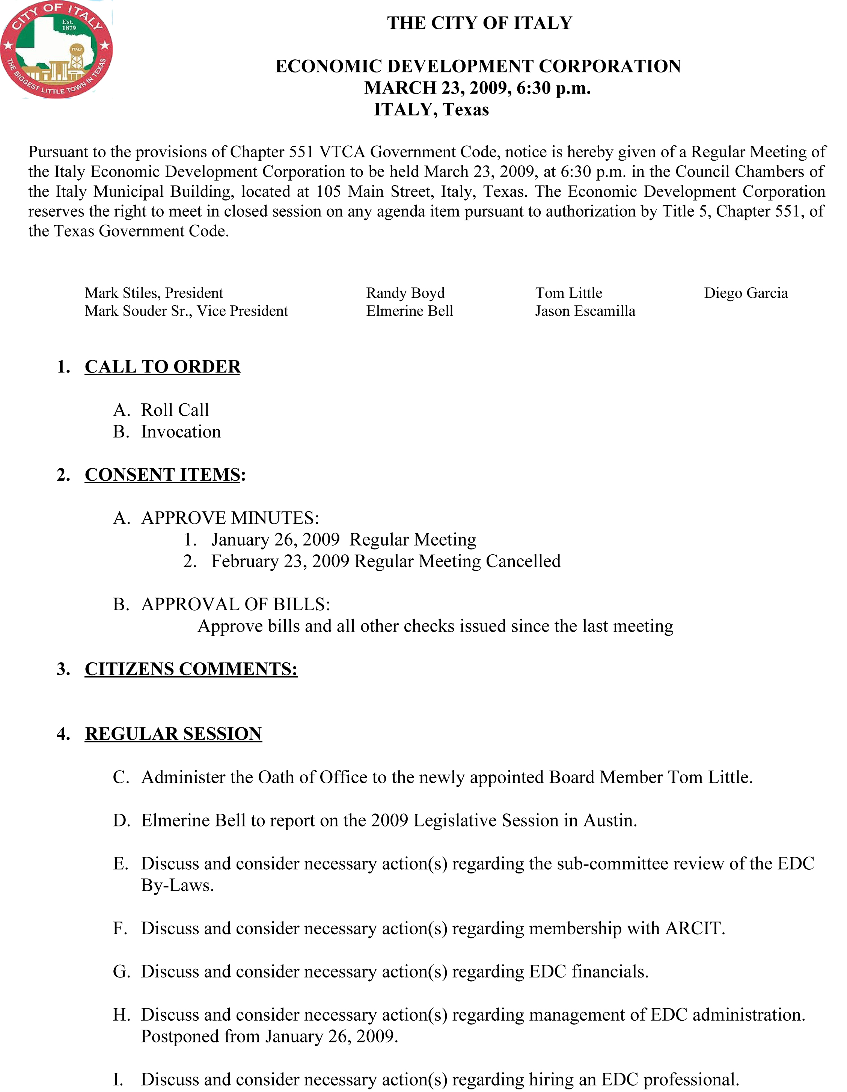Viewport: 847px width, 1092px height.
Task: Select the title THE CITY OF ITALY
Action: pyautogui.click(x=479, y=23)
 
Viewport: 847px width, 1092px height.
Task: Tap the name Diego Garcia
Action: pyautogui.click(x=746, y=293)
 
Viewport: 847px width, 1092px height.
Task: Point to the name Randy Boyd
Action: pyautogui.click(x=405, y=293)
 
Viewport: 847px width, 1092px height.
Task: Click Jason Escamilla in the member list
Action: pyautogui.click(x=585, y=311)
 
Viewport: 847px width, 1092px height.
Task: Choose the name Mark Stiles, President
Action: pyautogui.click(x=154, y=293)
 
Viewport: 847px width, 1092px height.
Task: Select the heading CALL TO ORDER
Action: pyautogui.click(x=163, y=367)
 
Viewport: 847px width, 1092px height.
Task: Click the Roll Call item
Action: pyautogui.click(x=175, y=410)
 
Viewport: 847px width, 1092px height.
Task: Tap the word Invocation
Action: pyautogui.click(x=181, y=431)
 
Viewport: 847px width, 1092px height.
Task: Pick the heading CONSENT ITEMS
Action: pyautogui.click(x=163, y=475)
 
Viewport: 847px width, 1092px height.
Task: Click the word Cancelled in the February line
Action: pyautogui.click(x=523, y=561)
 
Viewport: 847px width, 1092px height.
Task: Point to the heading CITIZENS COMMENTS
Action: pyautogui.click(x=191, y=669)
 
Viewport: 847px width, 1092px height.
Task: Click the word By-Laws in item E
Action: pyautogui.click(x=178, y=885)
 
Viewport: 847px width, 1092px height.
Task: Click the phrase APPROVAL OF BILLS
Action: pyautogui.click(x=235, y=605)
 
